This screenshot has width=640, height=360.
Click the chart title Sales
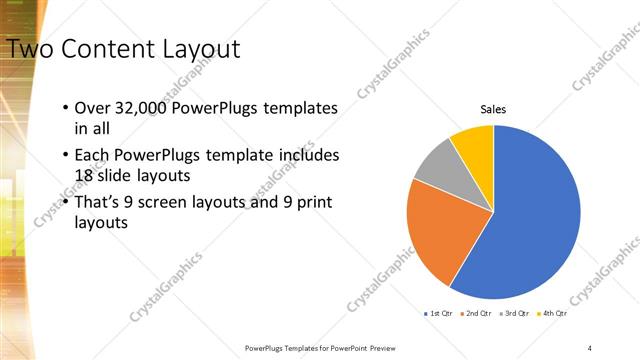point(493,109)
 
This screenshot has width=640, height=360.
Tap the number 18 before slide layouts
point(86,176)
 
